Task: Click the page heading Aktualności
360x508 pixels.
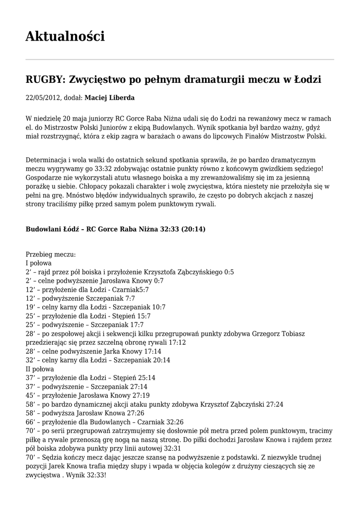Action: tap(65, 36)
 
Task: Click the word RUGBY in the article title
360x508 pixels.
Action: tap(45, 79)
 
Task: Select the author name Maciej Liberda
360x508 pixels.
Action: tap(109, 98)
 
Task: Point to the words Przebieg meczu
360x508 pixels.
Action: tap(50, 254)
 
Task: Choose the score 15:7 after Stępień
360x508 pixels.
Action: tap(142, 316)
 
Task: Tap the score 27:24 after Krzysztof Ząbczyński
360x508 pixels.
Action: tap(275, 404)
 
